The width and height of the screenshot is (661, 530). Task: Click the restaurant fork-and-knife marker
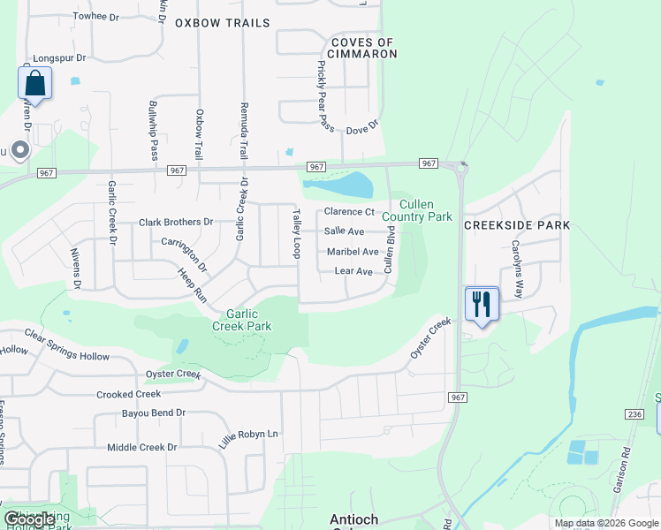482,304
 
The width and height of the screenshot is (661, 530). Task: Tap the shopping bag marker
34,83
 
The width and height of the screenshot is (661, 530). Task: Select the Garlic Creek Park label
242,319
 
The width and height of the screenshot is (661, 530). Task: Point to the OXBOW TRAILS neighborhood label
222,23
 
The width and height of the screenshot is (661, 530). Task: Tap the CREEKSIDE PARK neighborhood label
517,225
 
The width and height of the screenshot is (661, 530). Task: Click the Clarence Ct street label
349,212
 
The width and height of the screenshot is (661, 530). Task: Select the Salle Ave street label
345,231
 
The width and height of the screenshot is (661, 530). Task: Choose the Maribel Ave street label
353,252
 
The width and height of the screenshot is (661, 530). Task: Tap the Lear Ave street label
353,271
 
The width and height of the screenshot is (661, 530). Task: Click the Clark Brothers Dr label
176,223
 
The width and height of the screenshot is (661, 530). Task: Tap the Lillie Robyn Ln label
248,434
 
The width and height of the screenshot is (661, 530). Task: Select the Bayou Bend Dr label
155,413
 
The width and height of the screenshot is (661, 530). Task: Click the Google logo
29,519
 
